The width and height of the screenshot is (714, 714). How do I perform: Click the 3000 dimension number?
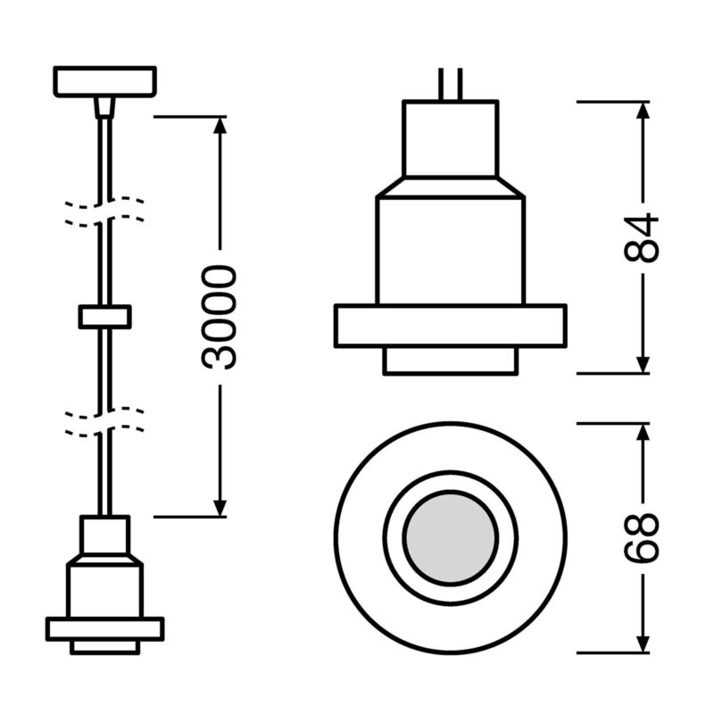pos(220,318)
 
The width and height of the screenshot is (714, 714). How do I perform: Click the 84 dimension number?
pos(641,237)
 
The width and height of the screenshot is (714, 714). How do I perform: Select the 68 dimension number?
pos(641,538)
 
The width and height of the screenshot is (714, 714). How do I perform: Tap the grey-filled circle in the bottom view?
pos(451,538)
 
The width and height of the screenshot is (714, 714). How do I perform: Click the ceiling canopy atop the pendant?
pos(105,81)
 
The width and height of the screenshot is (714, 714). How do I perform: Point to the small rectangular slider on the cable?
pos(105,317)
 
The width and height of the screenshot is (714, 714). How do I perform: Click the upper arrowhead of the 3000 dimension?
pos(220,125)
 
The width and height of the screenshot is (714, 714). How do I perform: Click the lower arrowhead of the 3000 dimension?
pos(220,508)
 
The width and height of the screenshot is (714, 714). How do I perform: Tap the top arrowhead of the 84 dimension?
pos(642,110)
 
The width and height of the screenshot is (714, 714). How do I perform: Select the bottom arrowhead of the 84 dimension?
pos(642,364)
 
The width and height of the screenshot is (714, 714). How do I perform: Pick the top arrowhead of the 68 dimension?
pos(642,432)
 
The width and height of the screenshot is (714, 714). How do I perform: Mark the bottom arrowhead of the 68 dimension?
pos(642,643)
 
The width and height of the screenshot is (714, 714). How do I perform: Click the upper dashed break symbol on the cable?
pos(105,212)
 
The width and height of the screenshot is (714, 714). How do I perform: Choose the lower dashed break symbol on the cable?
pos(105,422)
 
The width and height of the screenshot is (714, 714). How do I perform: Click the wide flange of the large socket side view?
pos(451,326)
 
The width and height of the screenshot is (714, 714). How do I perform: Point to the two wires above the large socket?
pos(451,84)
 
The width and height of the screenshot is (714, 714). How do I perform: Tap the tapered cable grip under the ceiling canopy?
pos(104,107)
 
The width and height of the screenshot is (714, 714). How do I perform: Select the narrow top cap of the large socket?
pos(451,138)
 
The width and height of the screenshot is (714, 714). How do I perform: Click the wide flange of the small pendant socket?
pos(105,629)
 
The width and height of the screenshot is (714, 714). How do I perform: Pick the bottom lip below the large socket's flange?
pos(451,361)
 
